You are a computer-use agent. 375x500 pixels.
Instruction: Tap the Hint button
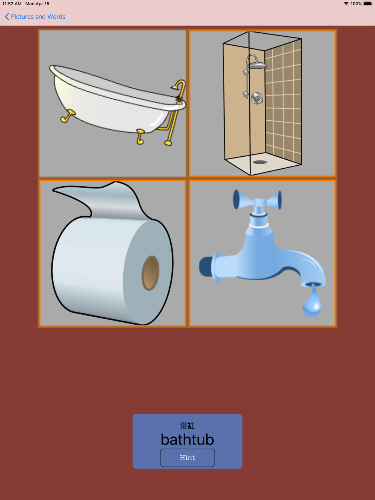(x=187, y=458)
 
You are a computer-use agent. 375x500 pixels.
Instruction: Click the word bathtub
(x=187, y=439)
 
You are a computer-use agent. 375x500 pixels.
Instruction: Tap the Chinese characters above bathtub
(x=187, y=425)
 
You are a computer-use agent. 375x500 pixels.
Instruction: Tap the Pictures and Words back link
(x=38, y=16)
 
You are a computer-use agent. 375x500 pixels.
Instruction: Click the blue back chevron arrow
(x=7, y=16)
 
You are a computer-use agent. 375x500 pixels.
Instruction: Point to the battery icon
(x=368, y=4)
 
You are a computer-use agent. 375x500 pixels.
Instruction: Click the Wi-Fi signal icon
(x=346, y=4)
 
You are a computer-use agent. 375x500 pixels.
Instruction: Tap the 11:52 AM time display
(x=12, y=4)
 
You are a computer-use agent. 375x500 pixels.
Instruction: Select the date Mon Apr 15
(x=37, y=4)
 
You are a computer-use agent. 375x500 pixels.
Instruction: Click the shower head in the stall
(x=257, y=66)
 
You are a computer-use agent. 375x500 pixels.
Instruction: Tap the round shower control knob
(x=257, y=99)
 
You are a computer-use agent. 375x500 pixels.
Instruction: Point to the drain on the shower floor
(x=260, y=162)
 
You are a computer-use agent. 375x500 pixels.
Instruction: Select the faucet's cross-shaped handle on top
(x=258, y=200)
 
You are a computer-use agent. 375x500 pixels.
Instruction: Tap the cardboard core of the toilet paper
(x=150, y=273)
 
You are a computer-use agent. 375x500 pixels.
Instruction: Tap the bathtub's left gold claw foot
(x=67, y=116)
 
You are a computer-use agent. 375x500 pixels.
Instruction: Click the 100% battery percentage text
(x=356, y=4)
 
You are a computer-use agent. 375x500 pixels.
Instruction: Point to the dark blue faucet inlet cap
(x=206, y=266)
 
